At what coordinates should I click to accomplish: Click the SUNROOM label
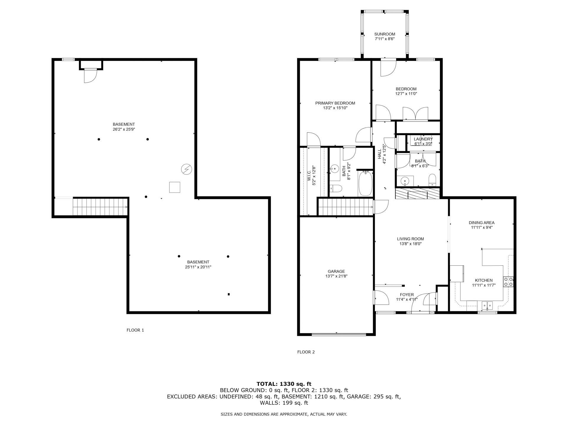pyautogui.click(x=385, y=34)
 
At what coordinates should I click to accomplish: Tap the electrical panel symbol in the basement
pyautogui.click(x=186, y=169)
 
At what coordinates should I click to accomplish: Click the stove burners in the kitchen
pyautogui.click(x=508, y=282)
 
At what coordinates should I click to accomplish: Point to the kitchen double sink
pyautogui.click(x=487, y=305)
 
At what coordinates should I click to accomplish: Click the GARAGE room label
pyautogui.click(x=336, y=271)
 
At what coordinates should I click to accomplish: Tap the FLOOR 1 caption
pyautogui.click(x=135, y=330)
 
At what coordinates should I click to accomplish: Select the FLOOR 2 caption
pyautogui.click(x=306, y=352)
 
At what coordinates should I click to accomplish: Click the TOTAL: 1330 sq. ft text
pyautogui.click(x=284, y=384)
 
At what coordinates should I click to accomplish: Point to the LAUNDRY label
pyautogui.click(x=423, y=139)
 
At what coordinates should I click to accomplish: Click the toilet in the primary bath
pyautogui.click(x=336, y=188)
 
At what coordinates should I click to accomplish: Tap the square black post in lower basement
pyautogui.click(x=229, y=294)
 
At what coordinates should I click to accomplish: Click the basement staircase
pyautogui.click(x=100, y=207)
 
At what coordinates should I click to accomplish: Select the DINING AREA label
pyautogui.click(x=481, y=223)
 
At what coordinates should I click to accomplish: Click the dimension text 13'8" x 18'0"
pyautogui.click(x=410, y=244)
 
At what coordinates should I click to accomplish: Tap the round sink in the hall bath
pyautogui.click(x=404, y=180)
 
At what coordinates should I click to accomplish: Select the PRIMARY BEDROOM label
pyautogui.click(x=335, y=103)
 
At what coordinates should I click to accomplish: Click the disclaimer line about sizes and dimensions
pyautogui.click(x=284, y=414)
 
